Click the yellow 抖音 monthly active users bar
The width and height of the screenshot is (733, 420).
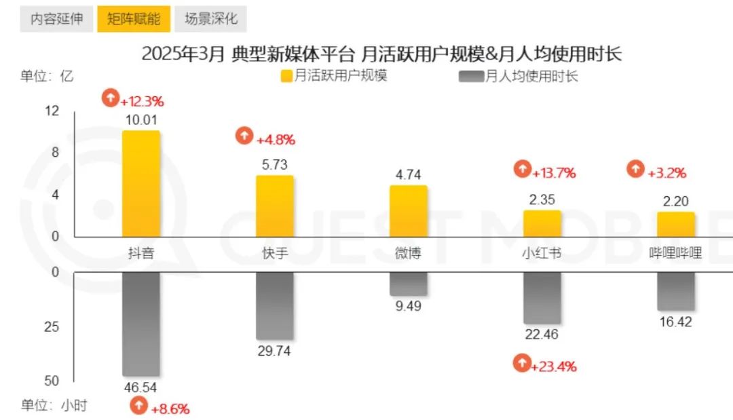point(140,183)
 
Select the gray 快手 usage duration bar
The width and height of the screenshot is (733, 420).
point(274,305)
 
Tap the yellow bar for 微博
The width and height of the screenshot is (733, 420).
point(408,210)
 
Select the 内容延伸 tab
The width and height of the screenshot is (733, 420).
point(57,19)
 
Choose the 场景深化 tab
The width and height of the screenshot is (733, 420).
point(211,19)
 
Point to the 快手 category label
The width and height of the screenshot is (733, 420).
point(274,254)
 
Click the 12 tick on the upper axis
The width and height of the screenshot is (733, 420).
point(52,111)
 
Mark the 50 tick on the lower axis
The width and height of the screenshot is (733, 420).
point(52,381)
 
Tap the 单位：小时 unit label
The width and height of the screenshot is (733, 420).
point(54,406)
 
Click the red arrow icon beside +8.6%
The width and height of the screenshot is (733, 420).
point(138,406)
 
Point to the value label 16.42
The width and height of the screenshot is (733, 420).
point(675,321)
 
